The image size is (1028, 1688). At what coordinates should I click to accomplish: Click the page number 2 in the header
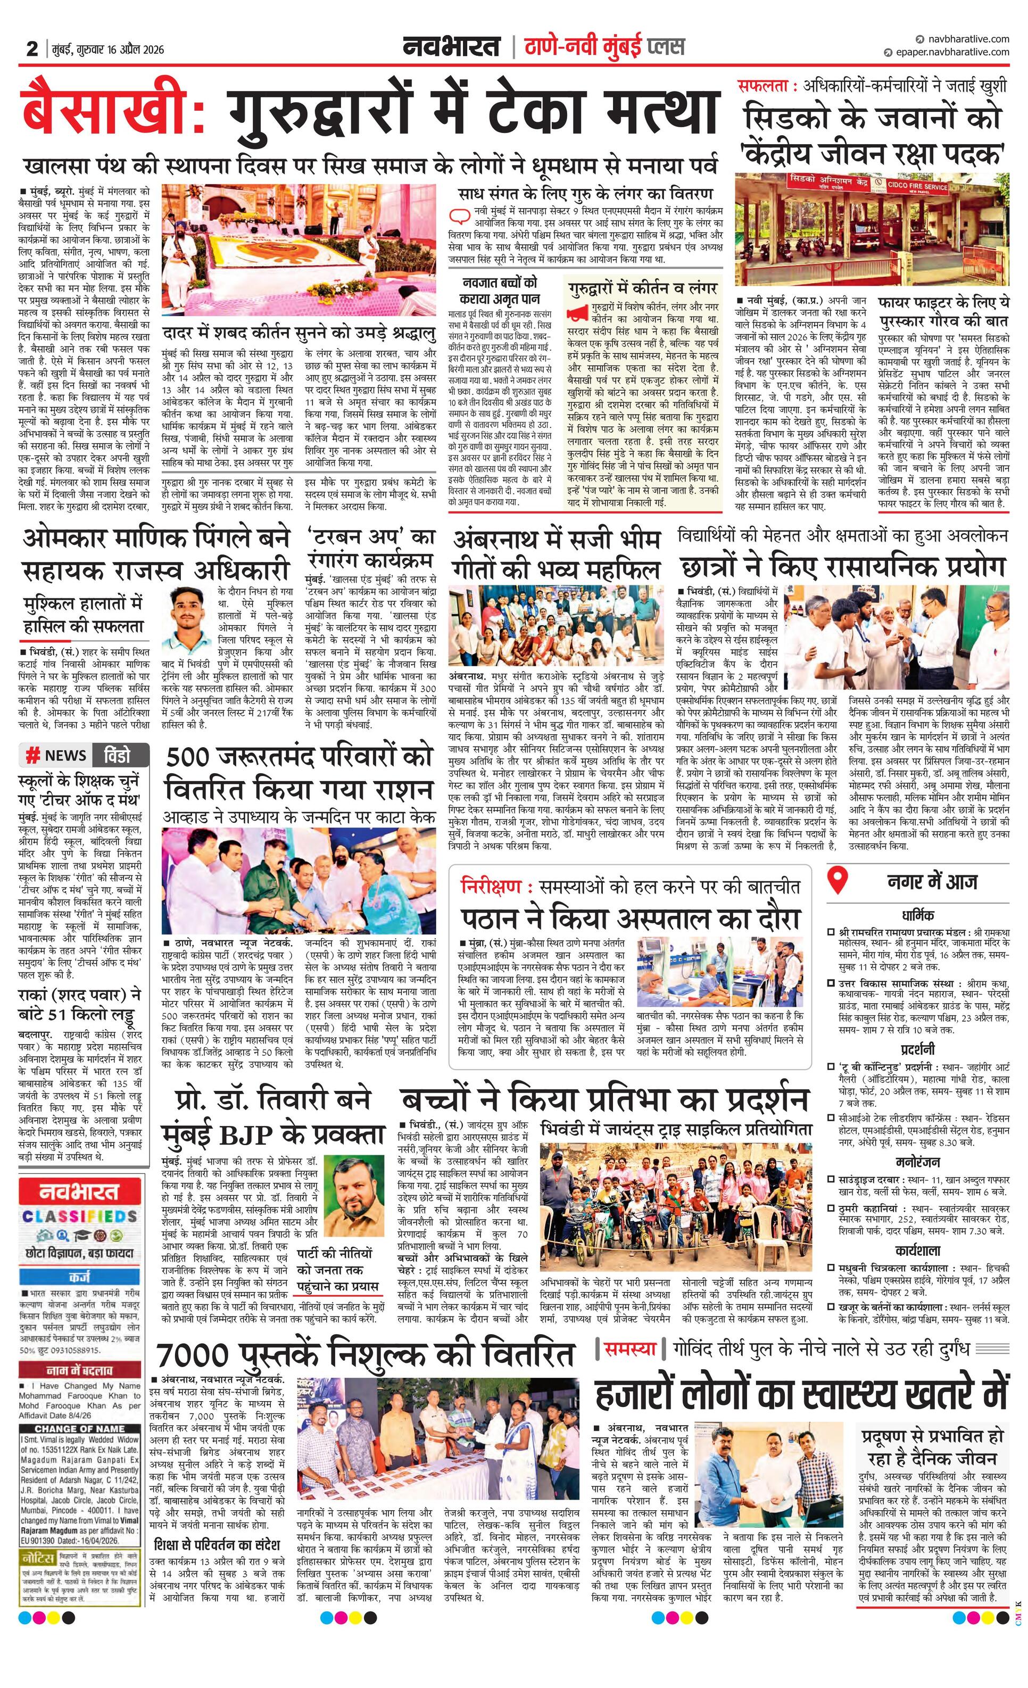pyautogui.click(x=31, y=48)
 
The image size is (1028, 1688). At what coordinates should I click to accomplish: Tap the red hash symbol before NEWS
pyautogui.click(x=31, y=756)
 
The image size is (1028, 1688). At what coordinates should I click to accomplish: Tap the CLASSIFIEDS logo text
pyautogui.click(x=79, y=1217)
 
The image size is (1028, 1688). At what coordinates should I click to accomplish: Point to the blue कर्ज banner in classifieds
pyautogui.click(x=79, y=1278)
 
